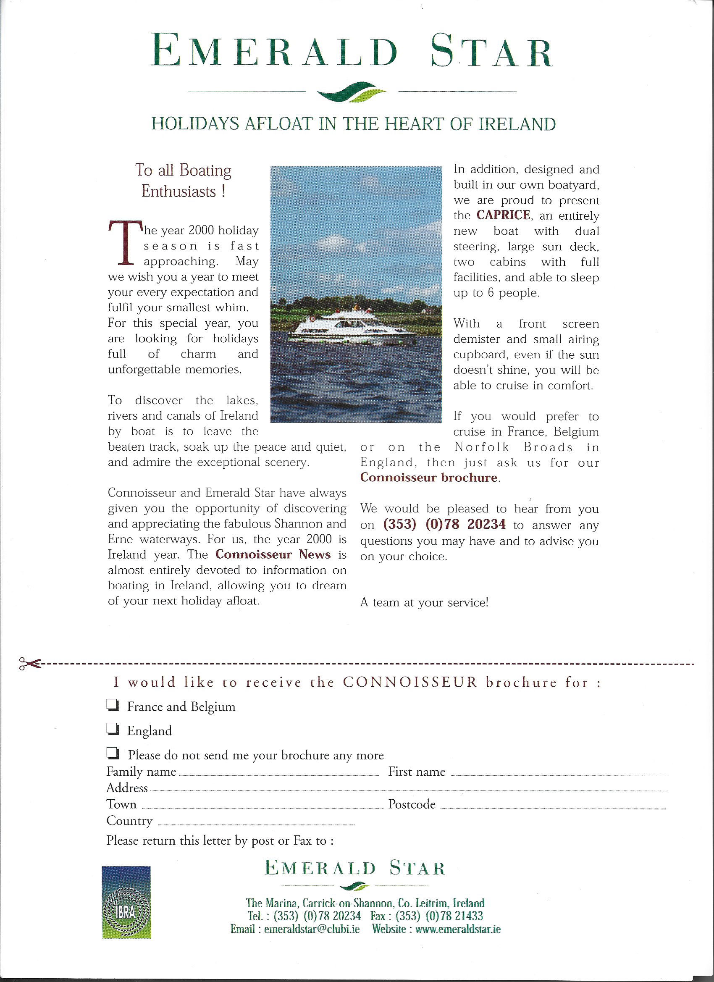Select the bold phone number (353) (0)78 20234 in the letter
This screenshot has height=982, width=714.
(x=444, y=524)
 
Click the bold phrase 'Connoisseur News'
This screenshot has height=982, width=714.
(x=273, y=554)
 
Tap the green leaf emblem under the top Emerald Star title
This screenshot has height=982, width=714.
(x=352, y=92)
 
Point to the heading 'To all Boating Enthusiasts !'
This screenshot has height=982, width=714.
(x=183, y=180)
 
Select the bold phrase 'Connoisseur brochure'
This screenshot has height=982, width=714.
(x=429, y=478)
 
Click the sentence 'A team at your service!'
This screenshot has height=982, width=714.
(x=424, y=602)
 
